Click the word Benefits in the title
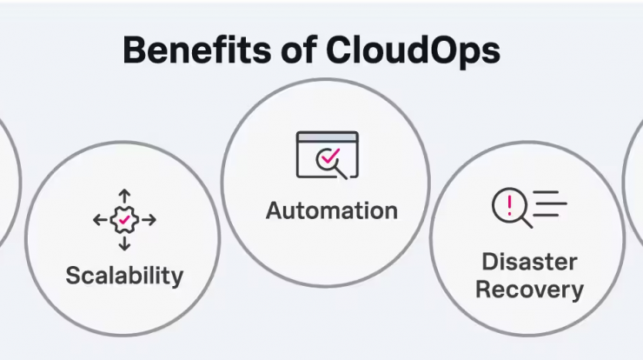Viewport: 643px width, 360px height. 197,50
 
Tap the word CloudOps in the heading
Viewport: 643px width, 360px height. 413,51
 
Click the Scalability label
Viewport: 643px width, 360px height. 124,276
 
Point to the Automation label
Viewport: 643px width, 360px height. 332,210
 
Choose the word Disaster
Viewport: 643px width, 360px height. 529,262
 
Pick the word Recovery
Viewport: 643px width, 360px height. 529,290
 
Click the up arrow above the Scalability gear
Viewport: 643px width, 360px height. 124,197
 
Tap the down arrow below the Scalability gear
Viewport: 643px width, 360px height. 124,243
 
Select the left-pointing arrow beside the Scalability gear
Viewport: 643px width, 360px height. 101,220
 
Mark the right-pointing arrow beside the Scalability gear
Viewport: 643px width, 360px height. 149,220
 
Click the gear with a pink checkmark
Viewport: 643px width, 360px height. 124,220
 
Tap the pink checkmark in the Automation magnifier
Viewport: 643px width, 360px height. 330,156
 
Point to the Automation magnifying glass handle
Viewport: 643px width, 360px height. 341,174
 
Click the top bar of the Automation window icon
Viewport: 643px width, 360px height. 328,137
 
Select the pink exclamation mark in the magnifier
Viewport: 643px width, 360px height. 509,205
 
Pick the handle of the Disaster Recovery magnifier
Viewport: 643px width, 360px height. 527,223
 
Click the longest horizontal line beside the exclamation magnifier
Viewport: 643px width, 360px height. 550,203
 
